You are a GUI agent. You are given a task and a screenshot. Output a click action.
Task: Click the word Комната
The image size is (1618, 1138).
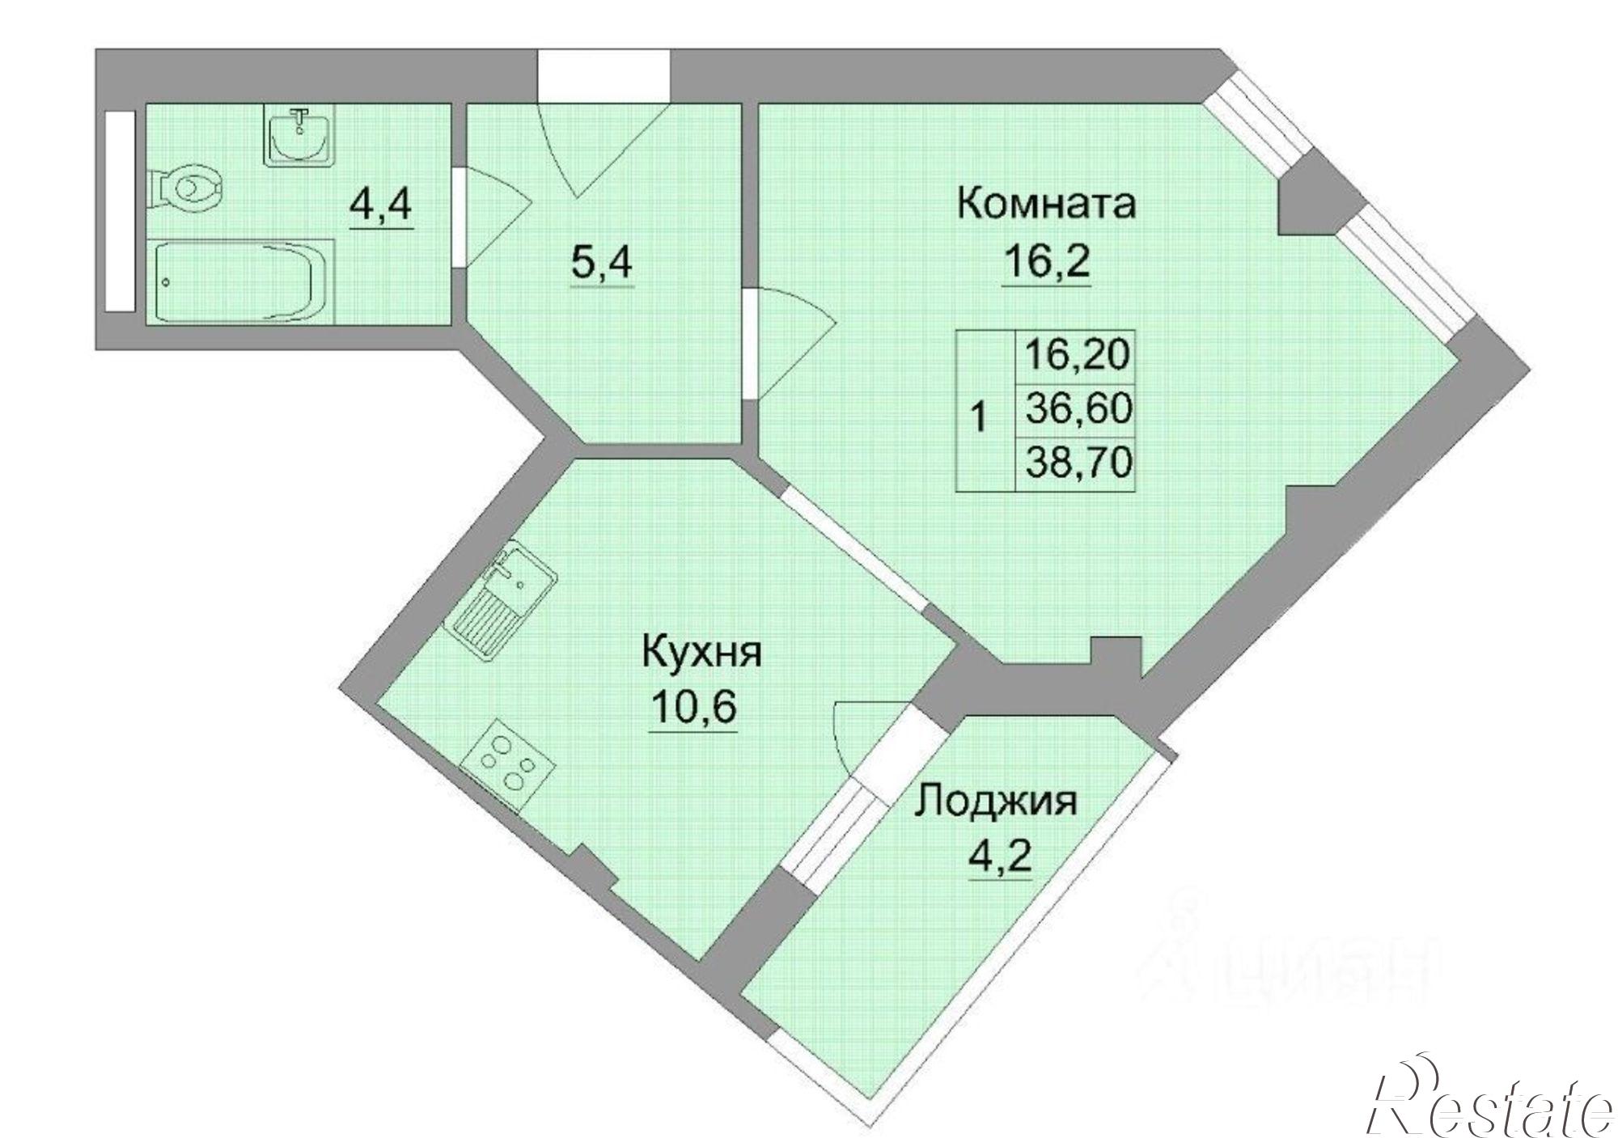point(1046,203)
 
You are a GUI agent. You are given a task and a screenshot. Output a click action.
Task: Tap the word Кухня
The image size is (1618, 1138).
point(701,652)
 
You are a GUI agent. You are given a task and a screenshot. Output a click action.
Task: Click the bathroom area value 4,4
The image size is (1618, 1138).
point(381,206)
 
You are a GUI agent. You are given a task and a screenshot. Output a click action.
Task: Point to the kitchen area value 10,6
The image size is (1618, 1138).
point(693,709)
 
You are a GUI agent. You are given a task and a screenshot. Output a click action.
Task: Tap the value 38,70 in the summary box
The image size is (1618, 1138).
point(1077,463)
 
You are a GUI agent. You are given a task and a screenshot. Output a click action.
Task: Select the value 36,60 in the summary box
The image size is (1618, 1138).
point(1077,410)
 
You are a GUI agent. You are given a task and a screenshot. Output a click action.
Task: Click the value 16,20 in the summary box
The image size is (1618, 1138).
point(1077,354)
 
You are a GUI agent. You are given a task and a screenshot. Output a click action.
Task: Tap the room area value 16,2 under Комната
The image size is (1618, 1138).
point(1046,263)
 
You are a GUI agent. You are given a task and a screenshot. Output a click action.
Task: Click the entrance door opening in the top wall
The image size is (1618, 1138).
point(604,76)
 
